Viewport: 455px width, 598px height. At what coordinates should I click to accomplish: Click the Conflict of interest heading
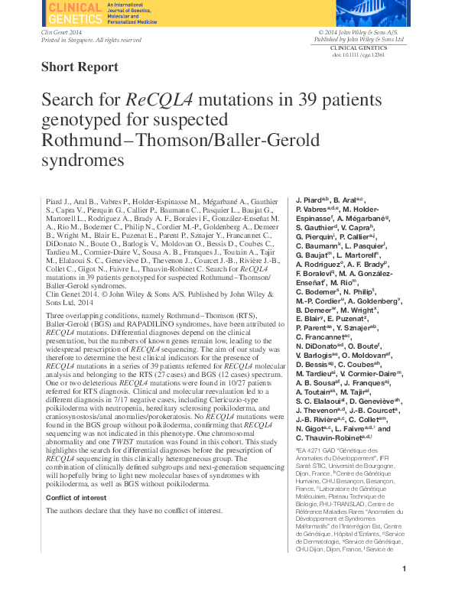pos(77,498)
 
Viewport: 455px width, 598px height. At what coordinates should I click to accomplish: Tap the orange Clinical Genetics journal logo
pos(74,13)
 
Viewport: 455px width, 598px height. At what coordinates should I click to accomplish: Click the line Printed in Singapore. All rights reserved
pos(91,40)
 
